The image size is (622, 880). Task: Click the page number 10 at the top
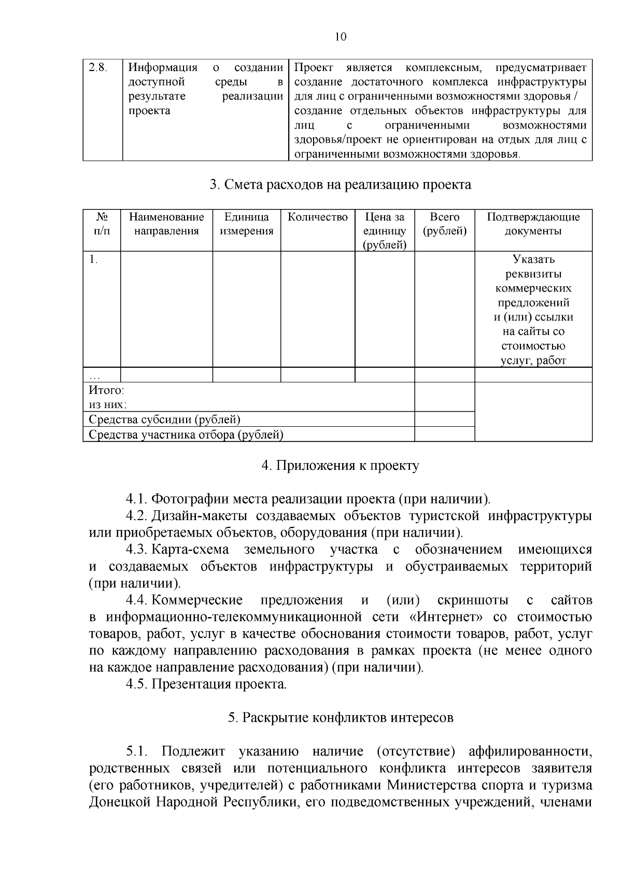point(341,37)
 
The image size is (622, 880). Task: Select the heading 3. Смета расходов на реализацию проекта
point(341,185)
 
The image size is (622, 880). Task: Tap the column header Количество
point(318,217)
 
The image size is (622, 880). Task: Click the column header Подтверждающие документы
point(533,224)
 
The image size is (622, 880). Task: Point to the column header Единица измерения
point(247,224)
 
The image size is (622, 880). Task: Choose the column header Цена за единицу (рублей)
point(385,231)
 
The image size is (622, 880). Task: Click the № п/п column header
point(102,224)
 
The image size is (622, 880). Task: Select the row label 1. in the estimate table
point(93,260)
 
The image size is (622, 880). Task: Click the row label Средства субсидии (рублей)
point(164,420)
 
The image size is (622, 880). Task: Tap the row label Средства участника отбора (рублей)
point(186,435)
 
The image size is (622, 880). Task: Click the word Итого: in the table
point(106,390)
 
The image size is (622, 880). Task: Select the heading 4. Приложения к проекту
point(341,466)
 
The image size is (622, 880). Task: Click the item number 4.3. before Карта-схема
point(136,549)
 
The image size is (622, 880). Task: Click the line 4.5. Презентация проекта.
point(206,684)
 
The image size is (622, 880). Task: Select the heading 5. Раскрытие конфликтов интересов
point(341,718)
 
